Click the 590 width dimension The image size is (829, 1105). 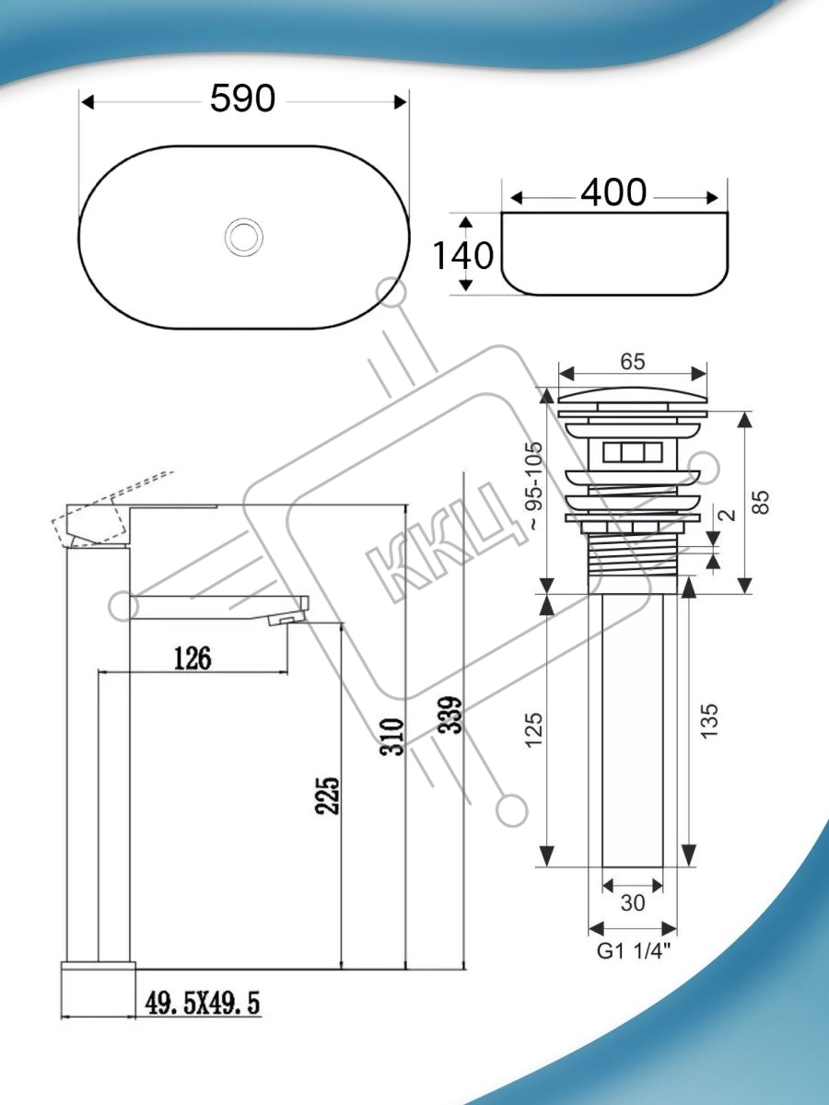[242, 99]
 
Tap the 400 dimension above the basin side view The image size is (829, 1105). [613, 192]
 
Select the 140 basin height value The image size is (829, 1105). [463, 255]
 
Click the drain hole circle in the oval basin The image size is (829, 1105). [244, 236]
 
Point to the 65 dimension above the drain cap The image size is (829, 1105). [633, 362]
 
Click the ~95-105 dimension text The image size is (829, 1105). [535, 486]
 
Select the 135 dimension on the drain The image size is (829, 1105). [709, 721]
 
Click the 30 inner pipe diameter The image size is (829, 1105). [633, 903]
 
